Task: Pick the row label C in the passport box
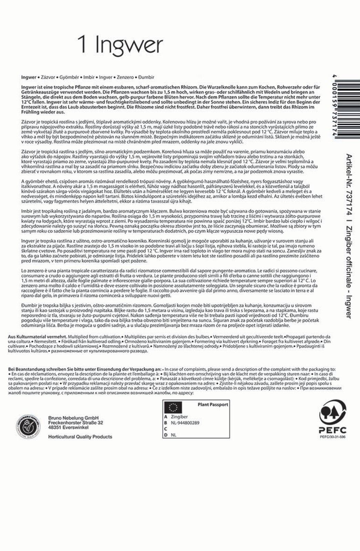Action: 166,429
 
